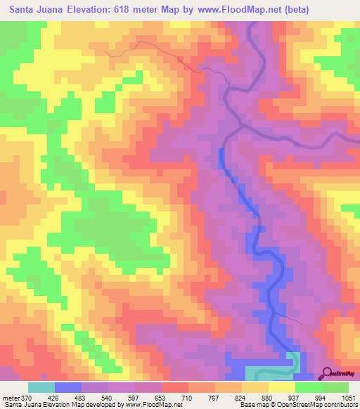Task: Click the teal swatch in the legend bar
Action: pos(41,387)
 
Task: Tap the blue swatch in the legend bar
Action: pos(68,387)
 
